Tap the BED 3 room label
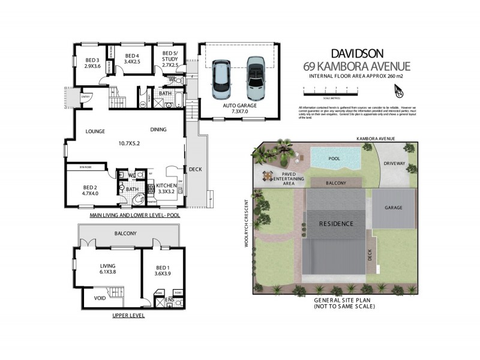tap(92, 63)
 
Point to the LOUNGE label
tap(95, 131)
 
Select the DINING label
tap(158, 129)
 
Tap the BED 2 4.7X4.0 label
tap(90, 190)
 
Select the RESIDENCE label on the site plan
tap(335, 223)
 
